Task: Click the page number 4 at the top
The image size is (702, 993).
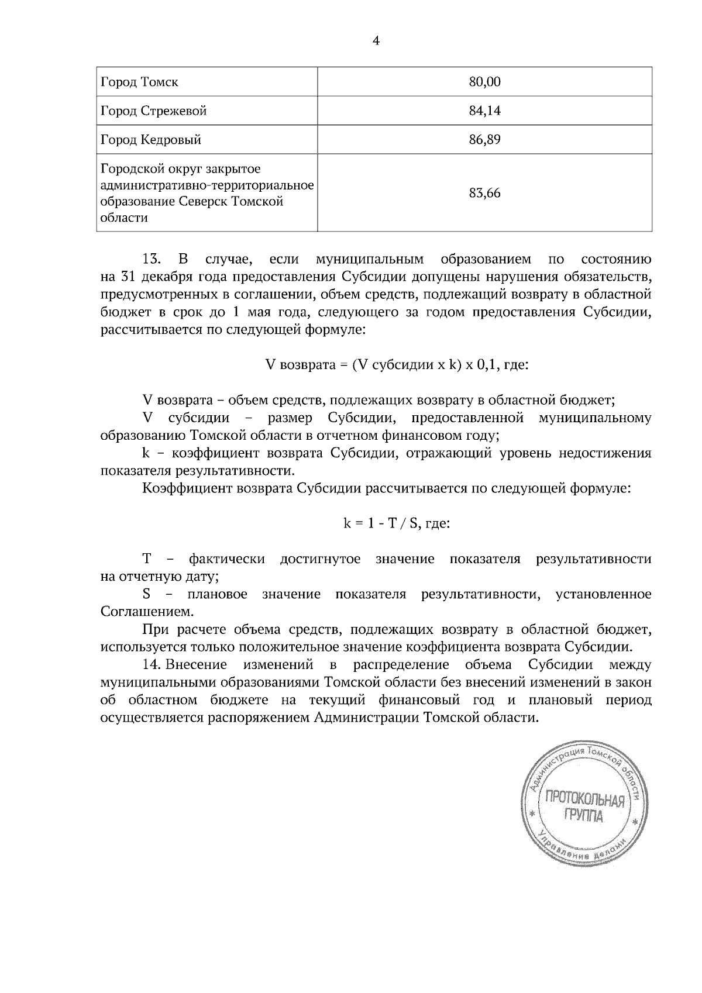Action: point(376,41)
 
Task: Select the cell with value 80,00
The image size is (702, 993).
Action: point(484,82)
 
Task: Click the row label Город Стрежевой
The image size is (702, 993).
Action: point(153,111)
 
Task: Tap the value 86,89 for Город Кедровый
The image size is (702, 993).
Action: point(484,140)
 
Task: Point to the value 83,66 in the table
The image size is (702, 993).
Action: point(484,193)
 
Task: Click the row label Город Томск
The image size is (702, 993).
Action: point(139,82)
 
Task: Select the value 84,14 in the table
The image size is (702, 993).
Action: point(484,111)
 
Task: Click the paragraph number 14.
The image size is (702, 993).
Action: point(152,665)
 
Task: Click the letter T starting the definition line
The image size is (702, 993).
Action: point(147,559)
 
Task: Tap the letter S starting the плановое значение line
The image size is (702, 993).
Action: point(146,595)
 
